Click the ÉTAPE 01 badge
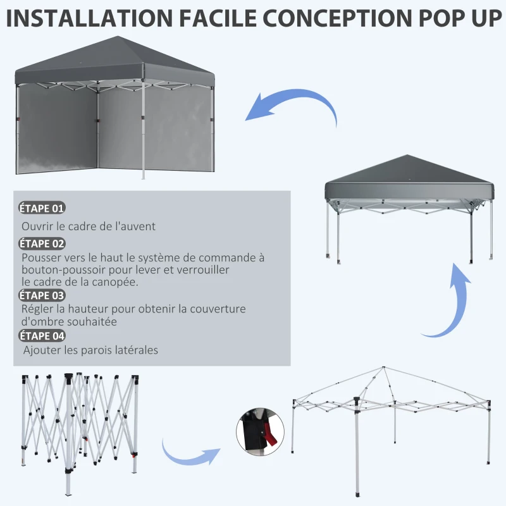pos(42,208)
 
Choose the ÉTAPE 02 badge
pos(42,244)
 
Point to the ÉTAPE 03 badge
pos(42,295)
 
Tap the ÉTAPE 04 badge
pos(42,336)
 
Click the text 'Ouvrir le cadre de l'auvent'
pos(89,226)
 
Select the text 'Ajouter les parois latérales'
pos(90,350)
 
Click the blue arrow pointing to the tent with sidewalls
pos(291,108)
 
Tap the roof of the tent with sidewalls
pos(114,60)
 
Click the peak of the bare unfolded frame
pos(383,368)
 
